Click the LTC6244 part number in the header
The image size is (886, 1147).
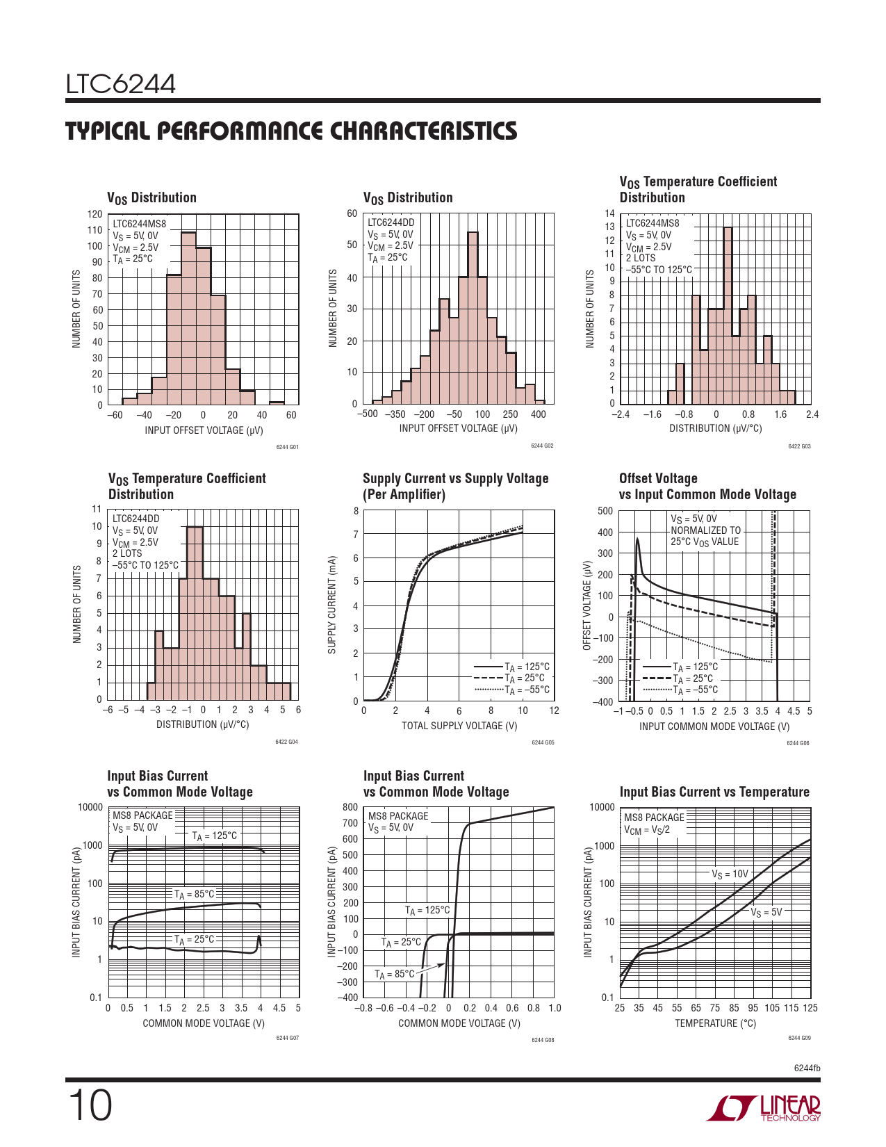(x=121, y=84)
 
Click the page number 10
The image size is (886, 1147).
(x=90, y=1106)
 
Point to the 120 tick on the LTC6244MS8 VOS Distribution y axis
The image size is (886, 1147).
(x=95, y=214)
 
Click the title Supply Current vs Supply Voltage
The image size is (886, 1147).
(x=455, y=478)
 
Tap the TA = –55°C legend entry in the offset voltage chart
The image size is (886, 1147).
(x=695, y=690)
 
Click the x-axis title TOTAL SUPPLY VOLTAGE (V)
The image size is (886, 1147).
(x=459, y=726)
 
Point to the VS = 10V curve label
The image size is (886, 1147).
(x=730, y=875)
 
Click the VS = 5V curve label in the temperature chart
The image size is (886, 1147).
(x=766, y=912)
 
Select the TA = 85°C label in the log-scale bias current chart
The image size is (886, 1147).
(x=194, y=895)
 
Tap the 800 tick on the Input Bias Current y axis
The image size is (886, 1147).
(x=350, y=807)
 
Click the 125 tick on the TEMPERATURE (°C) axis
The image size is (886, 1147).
(x=810, y=1008)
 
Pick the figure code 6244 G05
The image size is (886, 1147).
(x=543, y=742)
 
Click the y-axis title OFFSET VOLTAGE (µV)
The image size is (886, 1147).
(x=586, y=605)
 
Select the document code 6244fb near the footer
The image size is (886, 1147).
(x=807, y=1068)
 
